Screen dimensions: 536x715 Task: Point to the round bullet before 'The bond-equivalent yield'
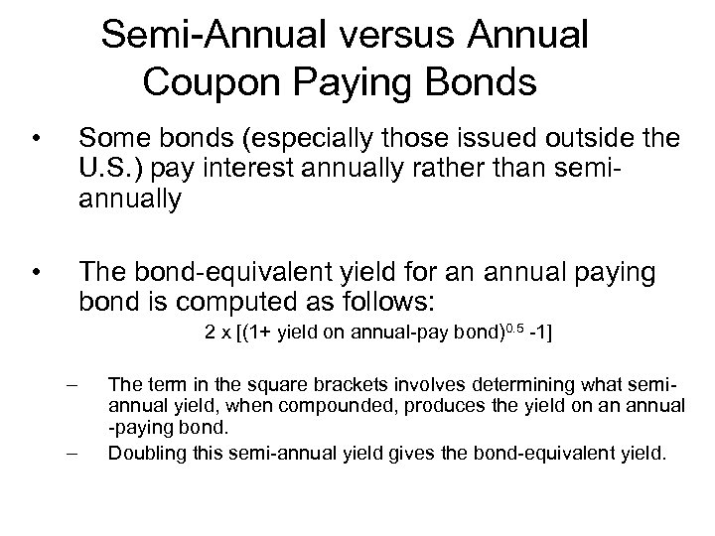pyautogui.click(x=35, y=270)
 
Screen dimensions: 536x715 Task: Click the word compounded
pyautogui.click(x=300, y=406)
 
